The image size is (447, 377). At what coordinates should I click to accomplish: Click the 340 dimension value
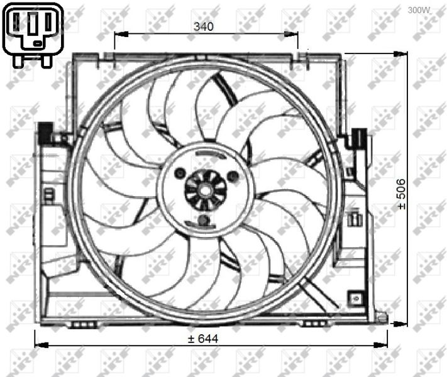pos(203,26)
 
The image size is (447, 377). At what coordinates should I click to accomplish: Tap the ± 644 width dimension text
pos(203,339)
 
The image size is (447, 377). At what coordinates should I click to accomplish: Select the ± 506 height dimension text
pos(401,194)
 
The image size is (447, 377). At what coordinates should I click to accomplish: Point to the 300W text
pos(419,10)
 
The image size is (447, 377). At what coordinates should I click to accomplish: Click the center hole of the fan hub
pos(206,190)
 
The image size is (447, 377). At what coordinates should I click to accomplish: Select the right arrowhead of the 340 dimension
pos(291,34)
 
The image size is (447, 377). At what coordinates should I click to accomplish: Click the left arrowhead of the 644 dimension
pos(41,345)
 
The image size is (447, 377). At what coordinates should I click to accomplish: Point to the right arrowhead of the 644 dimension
pos(380,345)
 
